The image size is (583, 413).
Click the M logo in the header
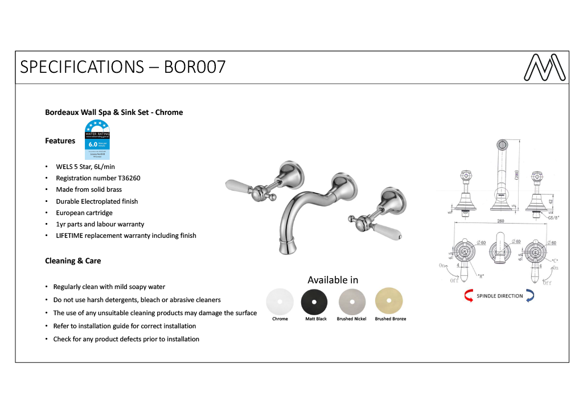(x=544, y=68)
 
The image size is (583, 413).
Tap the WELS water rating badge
(x=97, y=140)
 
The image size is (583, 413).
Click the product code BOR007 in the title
(x=195, y=67)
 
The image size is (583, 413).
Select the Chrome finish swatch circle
(x=280, y=302)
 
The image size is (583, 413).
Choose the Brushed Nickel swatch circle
(x=352, y=302)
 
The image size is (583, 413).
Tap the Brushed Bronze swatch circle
(x=389, y=302)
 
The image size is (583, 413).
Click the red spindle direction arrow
(x=469, y=296)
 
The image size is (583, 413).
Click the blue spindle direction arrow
(x=530, y=295)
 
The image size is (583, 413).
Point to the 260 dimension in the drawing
(x=501, y=221)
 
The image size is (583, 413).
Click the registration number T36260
(x=126, y=178)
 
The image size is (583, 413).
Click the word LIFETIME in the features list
(x=71, y=236)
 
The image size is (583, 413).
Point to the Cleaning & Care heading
(x=73, y=261)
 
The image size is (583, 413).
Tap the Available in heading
(x=333, y=280)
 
